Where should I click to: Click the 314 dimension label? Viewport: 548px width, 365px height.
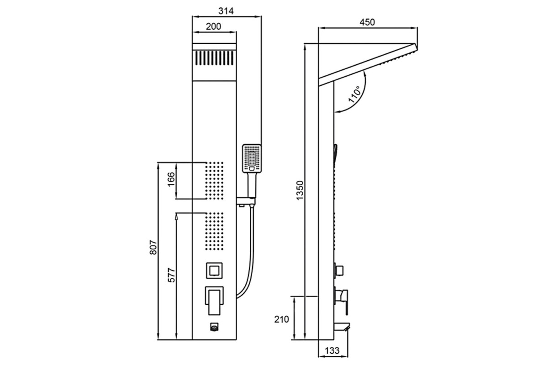point(226,11)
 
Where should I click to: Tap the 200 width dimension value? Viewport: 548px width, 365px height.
point(213,26)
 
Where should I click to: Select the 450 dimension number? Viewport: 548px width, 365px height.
point(367,22)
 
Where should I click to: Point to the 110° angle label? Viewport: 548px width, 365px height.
point(354,94)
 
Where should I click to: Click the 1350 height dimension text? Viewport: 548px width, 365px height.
point(300,190)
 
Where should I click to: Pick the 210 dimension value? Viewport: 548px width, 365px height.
point(281,319)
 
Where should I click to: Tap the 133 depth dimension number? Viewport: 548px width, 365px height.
point(332,350)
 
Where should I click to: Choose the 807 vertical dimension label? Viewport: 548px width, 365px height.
point(153,247)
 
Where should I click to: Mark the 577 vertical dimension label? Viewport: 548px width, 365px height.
point(172,275)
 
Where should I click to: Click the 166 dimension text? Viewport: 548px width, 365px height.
point(172,179)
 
